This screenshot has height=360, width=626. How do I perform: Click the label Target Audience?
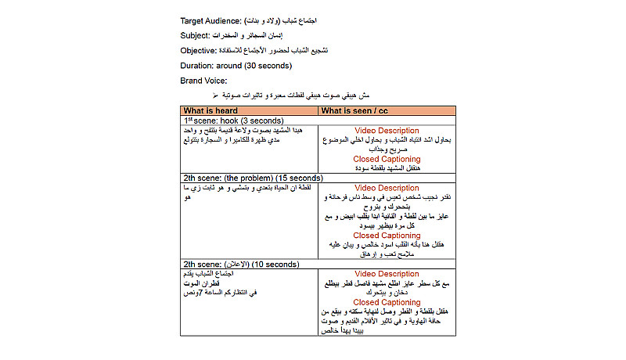click(210, 20)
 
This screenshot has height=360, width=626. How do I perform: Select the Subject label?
click(196, 35)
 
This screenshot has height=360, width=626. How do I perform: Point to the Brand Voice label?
click(203, 80)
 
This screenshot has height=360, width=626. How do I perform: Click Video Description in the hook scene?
click(387, 131)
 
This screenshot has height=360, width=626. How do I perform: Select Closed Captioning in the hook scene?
click(387, 159)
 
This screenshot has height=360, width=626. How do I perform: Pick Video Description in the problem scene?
click(387, 188)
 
